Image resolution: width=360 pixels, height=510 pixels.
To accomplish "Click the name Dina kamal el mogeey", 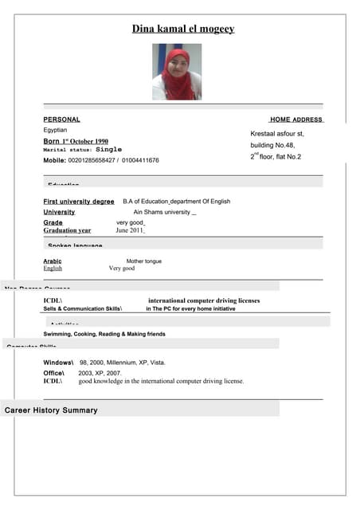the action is click(183, 29).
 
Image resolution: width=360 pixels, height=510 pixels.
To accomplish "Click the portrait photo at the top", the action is click(177, 71).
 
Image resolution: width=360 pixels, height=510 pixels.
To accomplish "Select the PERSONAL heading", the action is click(61, 120).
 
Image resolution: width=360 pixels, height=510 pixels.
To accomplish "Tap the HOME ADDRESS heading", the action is click(295, 120).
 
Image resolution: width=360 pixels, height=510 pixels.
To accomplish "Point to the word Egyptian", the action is click(55, 130).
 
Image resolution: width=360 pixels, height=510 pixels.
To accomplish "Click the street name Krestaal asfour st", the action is click(277, 133).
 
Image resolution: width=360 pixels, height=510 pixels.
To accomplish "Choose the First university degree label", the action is click(79, 202).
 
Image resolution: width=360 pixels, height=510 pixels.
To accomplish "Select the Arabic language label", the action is click(53, 261).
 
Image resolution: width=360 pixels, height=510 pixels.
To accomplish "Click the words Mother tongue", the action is click(143, 261).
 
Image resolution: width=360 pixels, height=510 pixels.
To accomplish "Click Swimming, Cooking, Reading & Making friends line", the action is click(104, 334).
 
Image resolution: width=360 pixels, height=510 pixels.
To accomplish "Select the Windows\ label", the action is click(58, 363).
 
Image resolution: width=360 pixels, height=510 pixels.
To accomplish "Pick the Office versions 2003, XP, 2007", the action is click(100, 372).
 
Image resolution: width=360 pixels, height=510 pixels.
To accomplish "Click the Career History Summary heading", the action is click(51, 410).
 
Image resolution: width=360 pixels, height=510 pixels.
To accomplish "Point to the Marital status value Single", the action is click(109, 149).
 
